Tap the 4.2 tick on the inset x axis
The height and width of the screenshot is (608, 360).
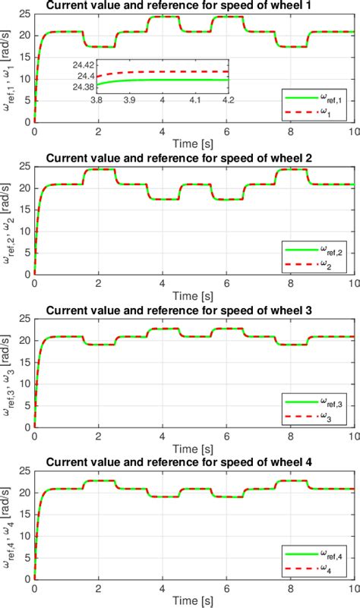coord(228,100)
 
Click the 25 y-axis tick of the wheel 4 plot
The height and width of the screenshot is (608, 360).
coord(25,471)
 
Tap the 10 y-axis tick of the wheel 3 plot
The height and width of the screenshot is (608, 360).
coord(25,383)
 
